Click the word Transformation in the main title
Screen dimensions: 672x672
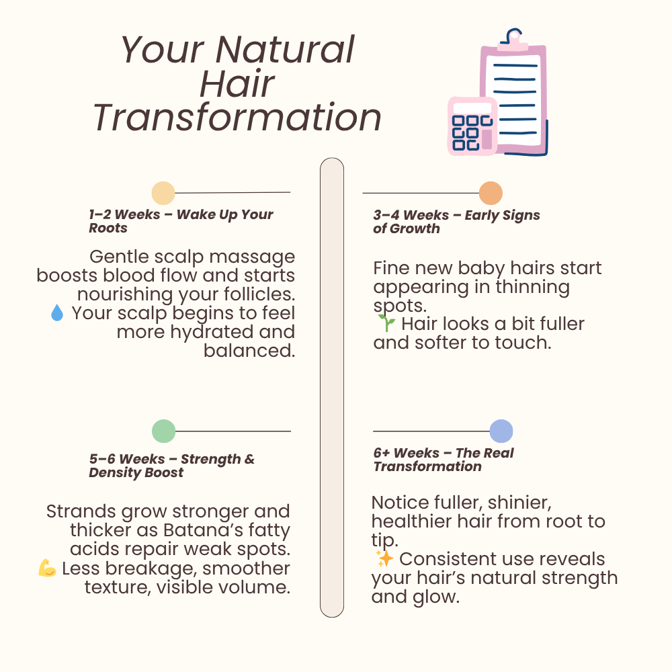pos(237,117)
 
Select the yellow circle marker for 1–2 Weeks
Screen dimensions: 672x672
pos(163,193)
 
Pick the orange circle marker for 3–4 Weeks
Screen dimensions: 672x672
pos(491,194)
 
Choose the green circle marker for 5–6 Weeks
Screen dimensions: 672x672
pos(163,431)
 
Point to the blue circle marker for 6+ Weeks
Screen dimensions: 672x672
pos(501,431)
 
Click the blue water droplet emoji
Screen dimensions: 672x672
pos(57,313)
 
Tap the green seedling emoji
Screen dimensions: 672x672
pos(385,324)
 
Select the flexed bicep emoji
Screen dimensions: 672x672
pos(48,569)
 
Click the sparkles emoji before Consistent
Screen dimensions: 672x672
pos(384,559)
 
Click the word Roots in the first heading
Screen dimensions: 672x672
pos(108,228)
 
